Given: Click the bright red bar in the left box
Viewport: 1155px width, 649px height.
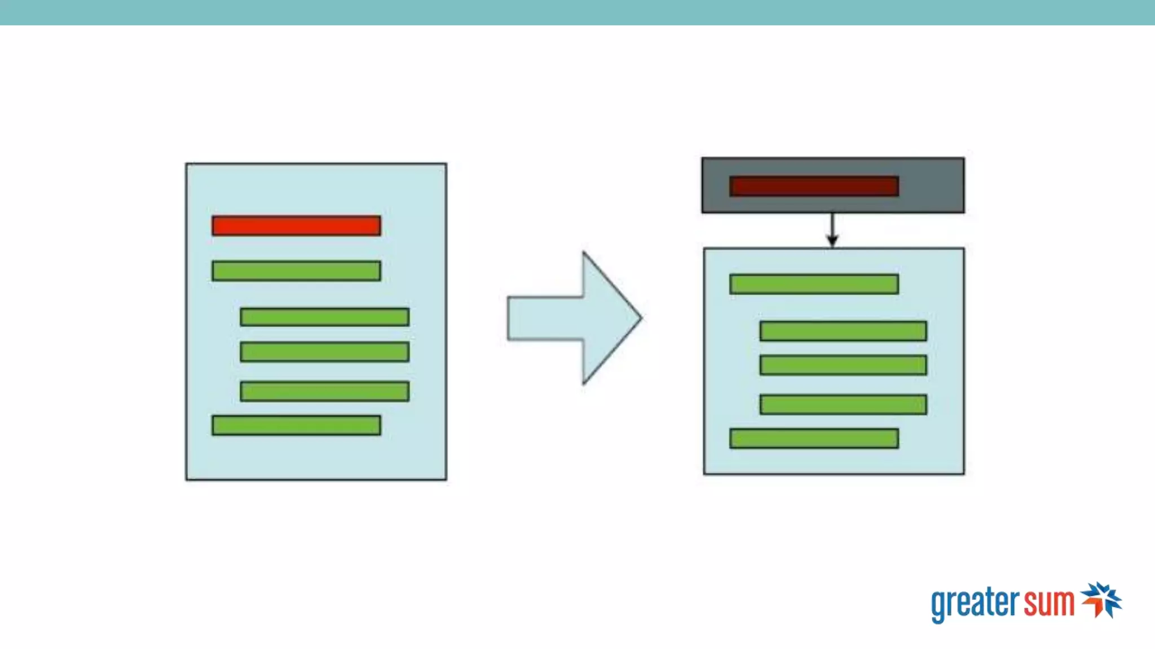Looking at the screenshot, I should (x=296, y=225).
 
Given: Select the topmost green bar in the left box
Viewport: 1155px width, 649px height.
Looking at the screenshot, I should (x=296, y=271).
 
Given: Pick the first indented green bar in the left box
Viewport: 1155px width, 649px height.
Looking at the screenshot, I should (x=324, y=317).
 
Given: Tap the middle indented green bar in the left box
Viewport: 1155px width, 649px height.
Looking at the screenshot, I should (x=324, y=352).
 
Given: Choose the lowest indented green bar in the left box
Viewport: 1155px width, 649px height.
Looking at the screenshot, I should (x=324, y=392).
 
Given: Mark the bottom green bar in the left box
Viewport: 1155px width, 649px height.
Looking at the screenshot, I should (x=296, y=425).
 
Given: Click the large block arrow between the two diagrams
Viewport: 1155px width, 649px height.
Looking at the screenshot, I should (x=570, y=318).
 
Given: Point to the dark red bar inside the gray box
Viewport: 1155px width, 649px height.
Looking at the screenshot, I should (x=814, y=186).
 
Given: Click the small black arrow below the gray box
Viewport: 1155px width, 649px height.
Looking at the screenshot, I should (x=832, y=231).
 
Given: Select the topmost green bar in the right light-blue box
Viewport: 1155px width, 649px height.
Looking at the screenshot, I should (x=814, y=284).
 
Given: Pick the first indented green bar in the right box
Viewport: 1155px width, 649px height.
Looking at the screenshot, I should (x=843, y=331).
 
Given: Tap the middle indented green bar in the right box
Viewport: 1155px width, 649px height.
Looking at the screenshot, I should (x=843, y=365).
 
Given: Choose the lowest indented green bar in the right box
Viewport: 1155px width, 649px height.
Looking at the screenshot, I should (x=843, y=404).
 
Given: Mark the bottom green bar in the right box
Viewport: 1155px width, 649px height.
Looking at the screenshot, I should (x=814, y=438).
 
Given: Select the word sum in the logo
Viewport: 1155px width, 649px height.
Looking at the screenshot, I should (x=1049, y=603).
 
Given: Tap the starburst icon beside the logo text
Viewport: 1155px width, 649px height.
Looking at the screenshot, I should (x=1101, y=600).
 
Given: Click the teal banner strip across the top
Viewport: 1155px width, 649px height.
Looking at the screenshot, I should (x=577, y=12).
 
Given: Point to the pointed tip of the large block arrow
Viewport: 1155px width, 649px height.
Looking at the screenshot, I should (x=640, y=318).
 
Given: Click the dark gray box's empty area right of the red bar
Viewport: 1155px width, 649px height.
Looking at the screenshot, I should (x=932, y=185).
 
